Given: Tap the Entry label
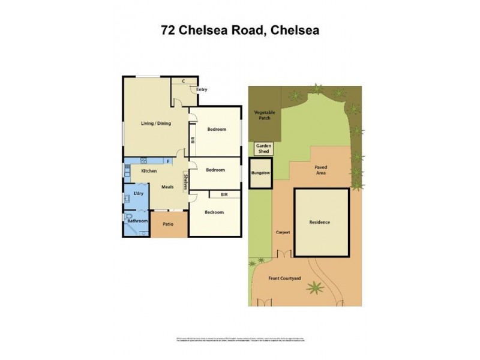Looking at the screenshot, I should click(201, 90).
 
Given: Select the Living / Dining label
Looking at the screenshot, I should click(156, 124).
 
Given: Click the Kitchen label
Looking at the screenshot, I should click(149, 172).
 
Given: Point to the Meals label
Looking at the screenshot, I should click(168, 187).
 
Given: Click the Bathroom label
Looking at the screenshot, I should click(137, 221).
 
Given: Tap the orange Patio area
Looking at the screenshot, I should click(169, 225).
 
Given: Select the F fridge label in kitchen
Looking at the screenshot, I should click(168, 161).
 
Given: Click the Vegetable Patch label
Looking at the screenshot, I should click(263, 115).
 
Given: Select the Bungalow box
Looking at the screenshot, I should click(261, 173).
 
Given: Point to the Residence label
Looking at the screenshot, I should click(320, 223).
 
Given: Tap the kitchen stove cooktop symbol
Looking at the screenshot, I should click(143, 160).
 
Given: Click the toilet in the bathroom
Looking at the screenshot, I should click(128, 217).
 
